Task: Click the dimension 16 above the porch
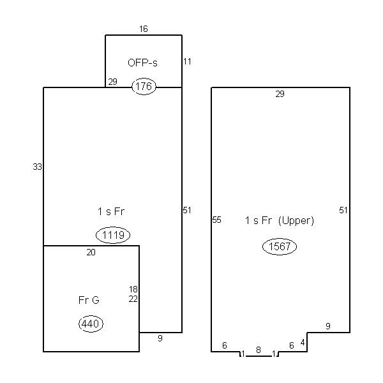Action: (x=144, y=29)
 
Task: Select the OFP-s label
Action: (x=142, y=63)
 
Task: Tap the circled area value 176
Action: (x=144, y=86)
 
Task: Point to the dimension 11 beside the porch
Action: (x=187, y=61)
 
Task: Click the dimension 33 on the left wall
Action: (x=38, y=167)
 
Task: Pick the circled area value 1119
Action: (x=113, y=235)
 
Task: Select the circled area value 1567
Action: (x=280, y=246)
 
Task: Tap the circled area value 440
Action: (x=91, y=324)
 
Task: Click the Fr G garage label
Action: (x=89, y=300)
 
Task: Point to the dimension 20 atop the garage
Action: (x=91, y=252)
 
